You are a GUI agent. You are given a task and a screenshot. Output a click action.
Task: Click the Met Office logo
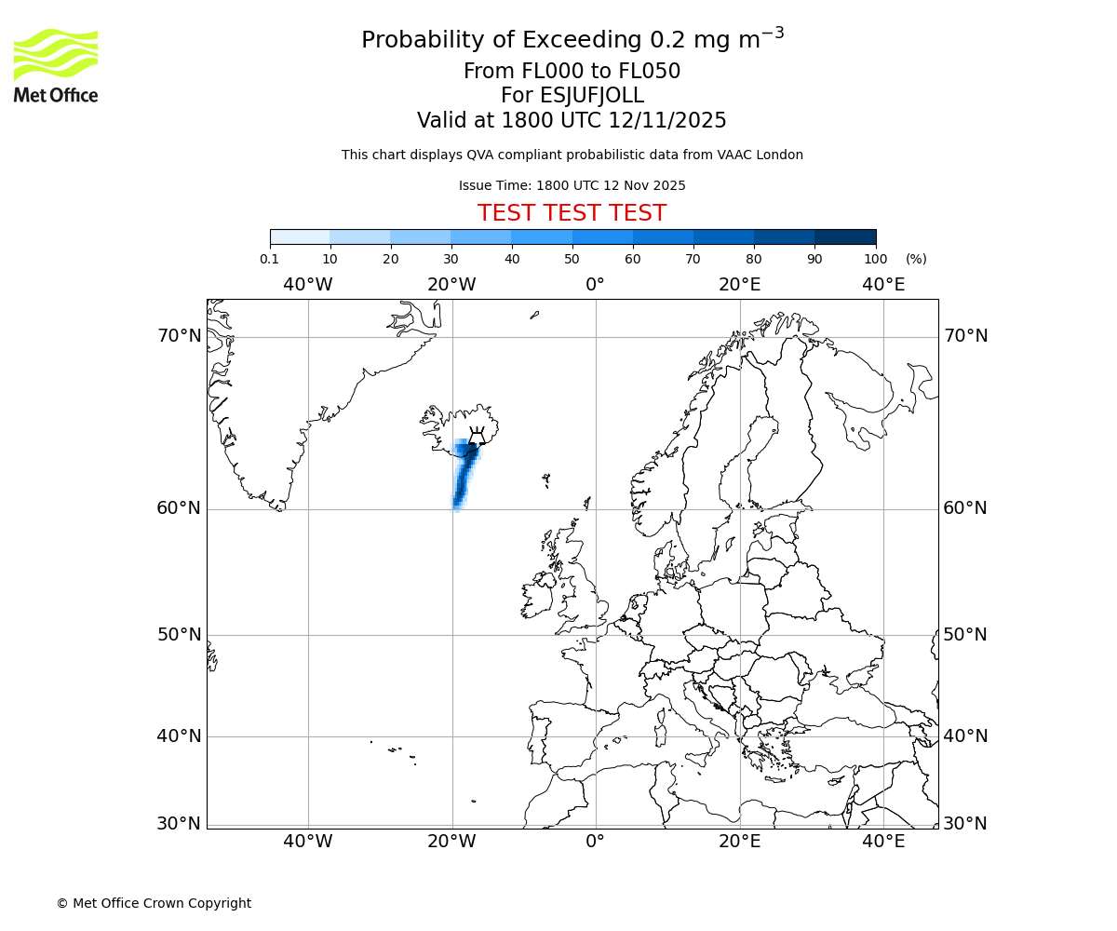click(x=56, y=65)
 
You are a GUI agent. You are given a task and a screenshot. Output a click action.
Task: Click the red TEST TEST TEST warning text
click(x=572, y=213)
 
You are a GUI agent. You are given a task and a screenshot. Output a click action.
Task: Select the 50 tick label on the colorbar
click(x=572, y=259)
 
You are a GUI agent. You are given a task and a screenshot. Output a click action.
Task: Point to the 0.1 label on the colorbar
click(x=269, y=259)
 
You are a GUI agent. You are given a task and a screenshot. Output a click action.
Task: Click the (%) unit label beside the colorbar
click(x=916, y=259)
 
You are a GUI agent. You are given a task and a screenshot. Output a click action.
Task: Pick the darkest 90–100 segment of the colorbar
click(x=845, y=236)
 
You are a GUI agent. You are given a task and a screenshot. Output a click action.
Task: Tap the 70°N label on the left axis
click(x=179, y=336)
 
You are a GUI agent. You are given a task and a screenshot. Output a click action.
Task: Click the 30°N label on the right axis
click(x=965, y=824)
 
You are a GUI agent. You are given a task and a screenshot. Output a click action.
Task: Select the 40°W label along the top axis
click(x=308, y=284)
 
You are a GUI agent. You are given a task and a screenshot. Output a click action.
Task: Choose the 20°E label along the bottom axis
click(x=740, y=843)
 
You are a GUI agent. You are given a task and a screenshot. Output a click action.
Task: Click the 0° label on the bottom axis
click(x=596, y=843)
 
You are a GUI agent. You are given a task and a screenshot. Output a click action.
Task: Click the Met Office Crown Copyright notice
click(x=154, y=903)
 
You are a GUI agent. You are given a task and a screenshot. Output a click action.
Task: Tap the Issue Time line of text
click(x=572, y=185)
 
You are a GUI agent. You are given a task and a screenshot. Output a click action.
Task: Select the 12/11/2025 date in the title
click(x=667, y=120)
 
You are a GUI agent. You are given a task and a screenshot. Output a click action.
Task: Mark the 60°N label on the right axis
click(x=965, y=508)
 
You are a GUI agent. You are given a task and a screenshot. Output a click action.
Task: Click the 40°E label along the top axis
click(x=883, y=284)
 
